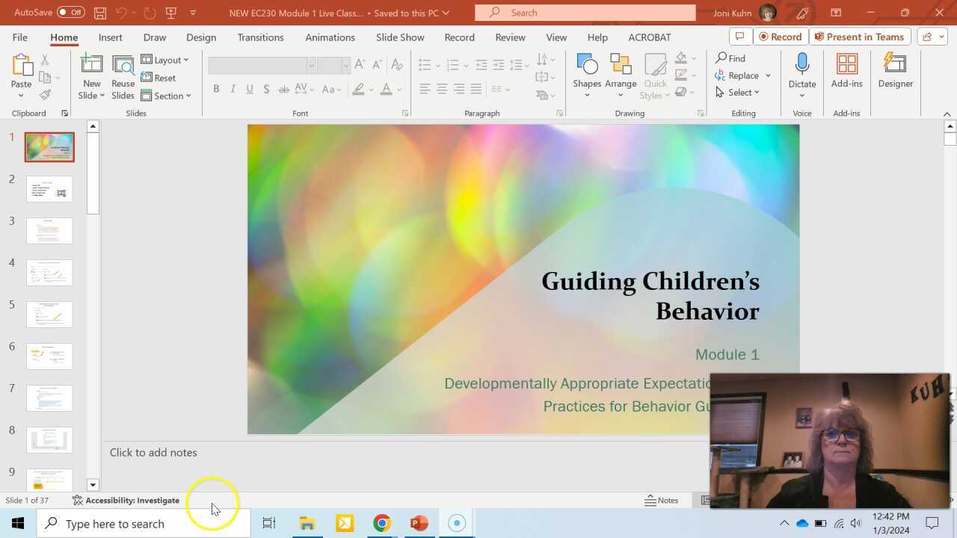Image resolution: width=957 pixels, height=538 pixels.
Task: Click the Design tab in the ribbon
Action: pyautogui.click(x=201, y=37)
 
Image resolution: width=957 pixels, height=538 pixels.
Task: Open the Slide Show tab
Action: pyautogui.click(x=400, y=37)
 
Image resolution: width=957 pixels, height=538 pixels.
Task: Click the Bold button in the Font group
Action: pyautogui.click(x=216, y=89)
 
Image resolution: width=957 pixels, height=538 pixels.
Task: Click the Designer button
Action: pyautogui.click(x=895, y=73)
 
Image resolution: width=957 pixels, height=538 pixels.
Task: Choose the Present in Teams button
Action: pyautogui.click(x=860, y=37)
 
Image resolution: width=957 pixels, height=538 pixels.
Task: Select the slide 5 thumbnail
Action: pyautogui.click(x=49, y=314)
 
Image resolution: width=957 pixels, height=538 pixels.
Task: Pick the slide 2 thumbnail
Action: pyautogui.click(x=49, y=188)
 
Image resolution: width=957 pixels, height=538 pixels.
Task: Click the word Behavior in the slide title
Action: pyautogui.click(x=707, y=311)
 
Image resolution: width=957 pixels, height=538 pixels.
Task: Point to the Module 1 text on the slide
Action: pyautogui.click(x=727, y=354)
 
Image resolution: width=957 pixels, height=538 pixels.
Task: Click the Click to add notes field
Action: pyautogui.click(x=153, y=452)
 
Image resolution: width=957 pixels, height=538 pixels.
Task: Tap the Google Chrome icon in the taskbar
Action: pyautogui.click(x=381, y=523)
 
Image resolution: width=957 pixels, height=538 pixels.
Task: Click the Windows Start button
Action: pyautogui.click(x=18, y=523)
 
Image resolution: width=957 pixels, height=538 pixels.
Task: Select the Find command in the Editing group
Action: pyautogui.click(x=730, y=58)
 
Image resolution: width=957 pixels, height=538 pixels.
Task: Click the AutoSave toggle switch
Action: pyautogui.click(x=71, y=13)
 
